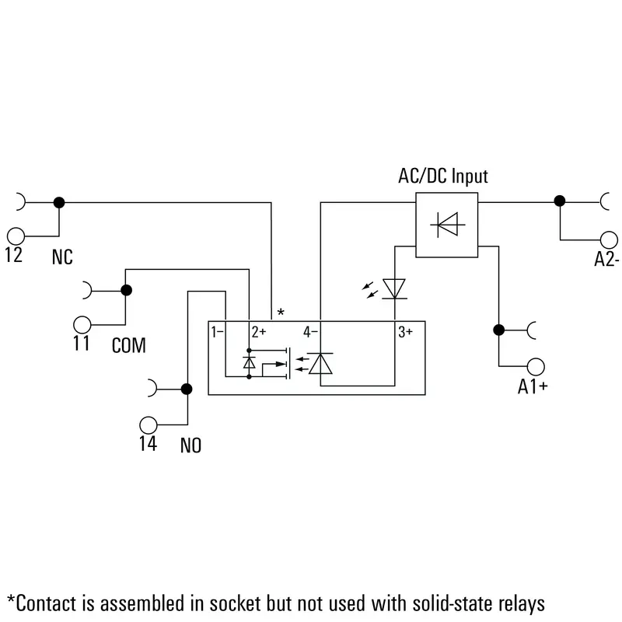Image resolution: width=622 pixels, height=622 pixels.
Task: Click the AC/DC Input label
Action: click(x=442, y=176)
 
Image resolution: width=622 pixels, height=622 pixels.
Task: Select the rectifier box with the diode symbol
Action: click(x=446, y=225)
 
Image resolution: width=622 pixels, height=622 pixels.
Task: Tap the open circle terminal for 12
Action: click(x=16, y=236)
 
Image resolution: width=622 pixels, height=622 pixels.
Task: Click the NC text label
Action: click(x=62, y=257)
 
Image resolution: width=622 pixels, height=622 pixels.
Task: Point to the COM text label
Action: click(x=129, y=345)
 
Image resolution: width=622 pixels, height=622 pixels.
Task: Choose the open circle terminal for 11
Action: click(x=82, y=325)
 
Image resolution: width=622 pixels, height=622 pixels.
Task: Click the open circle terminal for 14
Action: click(x=149, y=425)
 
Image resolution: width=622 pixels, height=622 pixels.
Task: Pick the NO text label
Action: click(x=190, y=446)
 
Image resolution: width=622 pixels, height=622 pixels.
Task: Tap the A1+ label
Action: click(x=533, y=386)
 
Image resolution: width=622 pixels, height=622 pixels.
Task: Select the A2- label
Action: click(x=606, y=260)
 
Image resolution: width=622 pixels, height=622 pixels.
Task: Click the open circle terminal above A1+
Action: click(x=536, y=366)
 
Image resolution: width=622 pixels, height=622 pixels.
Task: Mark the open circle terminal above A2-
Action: click(x=609, y=240)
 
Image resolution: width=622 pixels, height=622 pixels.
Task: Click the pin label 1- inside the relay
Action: click(x=217, y=332)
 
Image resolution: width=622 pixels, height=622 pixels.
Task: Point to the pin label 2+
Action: click(x=259, y=332)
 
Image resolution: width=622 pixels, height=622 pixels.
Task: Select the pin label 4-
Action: click(x=310, y=332)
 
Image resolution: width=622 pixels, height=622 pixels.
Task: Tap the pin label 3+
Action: click(x=405, y=332)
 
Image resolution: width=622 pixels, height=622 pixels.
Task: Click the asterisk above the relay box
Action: click(x=281, y=313)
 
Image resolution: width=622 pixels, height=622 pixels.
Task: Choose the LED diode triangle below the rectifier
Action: click(x=394, y=288)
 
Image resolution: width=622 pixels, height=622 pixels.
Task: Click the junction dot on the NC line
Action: click(x=59, y=203)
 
